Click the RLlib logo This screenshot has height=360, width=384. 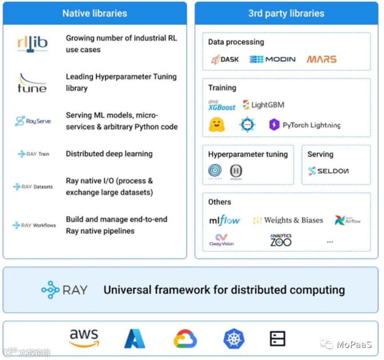click(32, 43)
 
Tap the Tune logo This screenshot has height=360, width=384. click(32, 83)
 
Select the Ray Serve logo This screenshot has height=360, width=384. click(33, 121)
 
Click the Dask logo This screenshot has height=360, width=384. click(225, 59)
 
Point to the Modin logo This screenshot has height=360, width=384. click(272, 59)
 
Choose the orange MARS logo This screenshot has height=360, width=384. click(321, 59)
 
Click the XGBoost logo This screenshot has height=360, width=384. click(222, 105)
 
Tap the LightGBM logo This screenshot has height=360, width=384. click(264, 105)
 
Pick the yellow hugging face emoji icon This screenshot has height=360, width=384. click(217, 125)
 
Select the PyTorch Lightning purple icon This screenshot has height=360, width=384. click(274, 125)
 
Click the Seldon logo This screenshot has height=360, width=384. click(329, 171)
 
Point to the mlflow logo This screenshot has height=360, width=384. click(224, 220)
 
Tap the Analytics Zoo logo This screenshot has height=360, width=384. click(281, 240)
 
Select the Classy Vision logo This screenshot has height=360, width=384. click(221, 240)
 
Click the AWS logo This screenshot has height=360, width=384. click(84, 339)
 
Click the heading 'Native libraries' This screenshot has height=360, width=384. click(95, 13)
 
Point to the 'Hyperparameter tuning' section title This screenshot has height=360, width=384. click(248, 154)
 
